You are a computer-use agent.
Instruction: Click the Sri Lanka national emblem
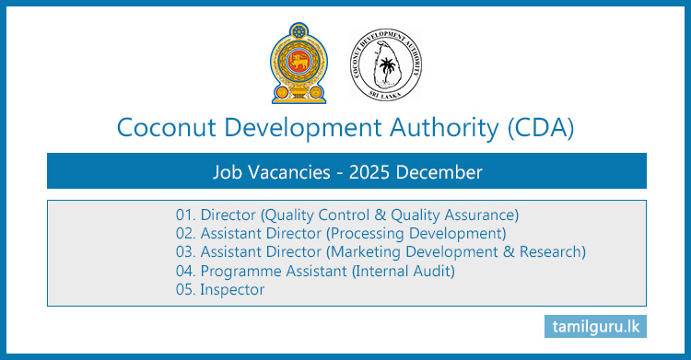(294, 63)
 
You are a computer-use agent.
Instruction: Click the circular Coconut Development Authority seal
(387, 63)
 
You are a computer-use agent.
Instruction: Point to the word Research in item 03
(550, 252)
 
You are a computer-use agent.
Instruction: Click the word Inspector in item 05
(232, 289)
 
